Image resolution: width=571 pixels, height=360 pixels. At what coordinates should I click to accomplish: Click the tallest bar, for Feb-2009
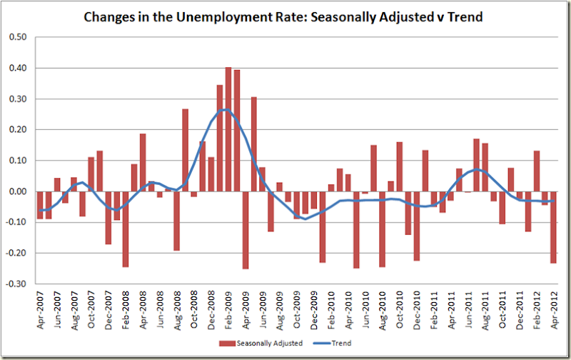pos(228,129)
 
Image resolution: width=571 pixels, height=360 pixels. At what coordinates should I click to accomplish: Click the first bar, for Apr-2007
pos(40,205)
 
